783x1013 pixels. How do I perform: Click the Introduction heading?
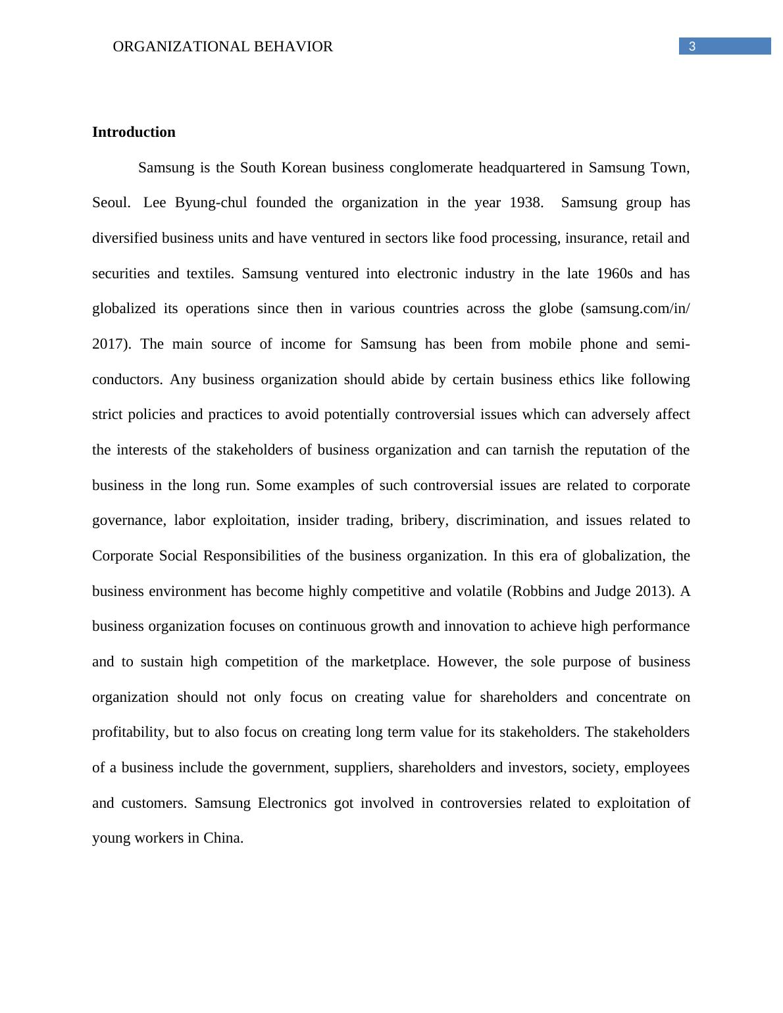tap(134, 132)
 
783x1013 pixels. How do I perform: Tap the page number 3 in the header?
tap(692, 46)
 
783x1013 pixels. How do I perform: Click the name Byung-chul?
tap(211, 203)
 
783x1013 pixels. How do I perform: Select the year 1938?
tap(526, 203)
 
